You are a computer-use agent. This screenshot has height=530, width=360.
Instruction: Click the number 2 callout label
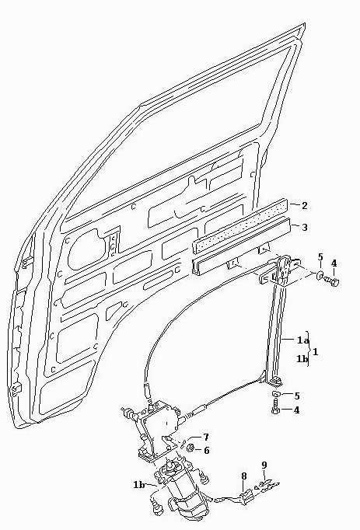pyautogui.click(x=305, y=205)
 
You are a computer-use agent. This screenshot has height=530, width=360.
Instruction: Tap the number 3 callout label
pyautogui.click(x=305, y=228)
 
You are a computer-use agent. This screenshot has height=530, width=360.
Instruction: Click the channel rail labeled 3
pyautogui.click(x=242, y=248)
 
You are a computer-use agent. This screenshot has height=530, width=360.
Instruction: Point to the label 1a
pyautogui.click(x=302, y=340)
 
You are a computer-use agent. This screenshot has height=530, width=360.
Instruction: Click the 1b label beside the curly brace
pyautogui.click(x=302, y=358)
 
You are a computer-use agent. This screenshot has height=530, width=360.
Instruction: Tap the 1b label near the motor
pyautogui.click(x=138, y=485)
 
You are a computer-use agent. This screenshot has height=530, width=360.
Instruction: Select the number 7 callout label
pyautogui.click(x=206, y=438)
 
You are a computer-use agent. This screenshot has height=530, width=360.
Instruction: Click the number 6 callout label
pyautogui.click(x=206, y=451)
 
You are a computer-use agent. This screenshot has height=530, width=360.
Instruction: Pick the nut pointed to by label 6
pyautogui.click(x=190, y=448)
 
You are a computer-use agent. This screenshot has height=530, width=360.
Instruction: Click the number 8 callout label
pyautogui.click(x=243, y=476)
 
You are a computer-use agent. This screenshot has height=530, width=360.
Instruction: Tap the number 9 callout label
pyautogui.click(x=264, y=465)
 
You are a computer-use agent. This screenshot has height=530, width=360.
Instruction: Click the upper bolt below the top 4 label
pyautogui.click(x=332, y=281)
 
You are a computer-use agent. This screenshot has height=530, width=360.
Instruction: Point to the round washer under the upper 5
pyautogui.click(x=320, y=275)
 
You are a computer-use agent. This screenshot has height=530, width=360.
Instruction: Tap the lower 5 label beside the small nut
pyautogui.click(x=297, y=396)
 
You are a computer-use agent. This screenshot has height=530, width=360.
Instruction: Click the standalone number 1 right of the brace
pyautogui.click(x=316, y=352)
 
